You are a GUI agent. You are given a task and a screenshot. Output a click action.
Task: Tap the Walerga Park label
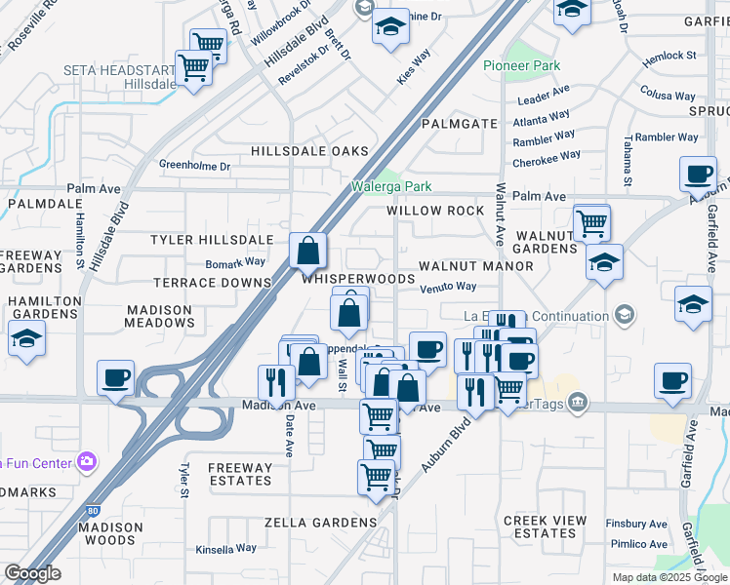[391, 185]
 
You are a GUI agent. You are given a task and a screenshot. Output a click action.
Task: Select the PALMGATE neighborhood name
[460, 124]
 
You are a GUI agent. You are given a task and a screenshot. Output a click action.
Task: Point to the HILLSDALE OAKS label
[309, 151]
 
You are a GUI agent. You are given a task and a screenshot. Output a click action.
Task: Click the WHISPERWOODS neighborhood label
[358, 279]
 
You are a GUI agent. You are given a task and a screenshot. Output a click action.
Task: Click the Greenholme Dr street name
[194, 166]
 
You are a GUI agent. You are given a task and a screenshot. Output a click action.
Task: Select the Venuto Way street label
[448, 287]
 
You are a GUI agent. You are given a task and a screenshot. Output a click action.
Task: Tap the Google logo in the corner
[32, 572]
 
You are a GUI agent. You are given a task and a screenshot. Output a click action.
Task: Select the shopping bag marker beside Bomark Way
[307, 252]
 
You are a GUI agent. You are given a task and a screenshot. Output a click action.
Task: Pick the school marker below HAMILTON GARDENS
[26, 340]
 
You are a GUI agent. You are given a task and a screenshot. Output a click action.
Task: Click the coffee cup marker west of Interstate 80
[115, 378]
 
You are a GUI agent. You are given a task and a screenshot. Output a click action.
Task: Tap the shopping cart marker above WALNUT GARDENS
[592, 223]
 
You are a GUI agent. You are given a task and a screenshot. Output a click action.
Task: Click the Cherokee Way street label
[547, 155]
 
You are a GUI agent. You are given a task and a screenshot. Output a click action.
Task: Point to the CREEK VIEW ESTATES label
[540, 526]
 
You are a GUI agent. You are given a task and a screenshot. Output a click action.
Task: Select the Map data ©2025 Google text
[669, 577]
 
